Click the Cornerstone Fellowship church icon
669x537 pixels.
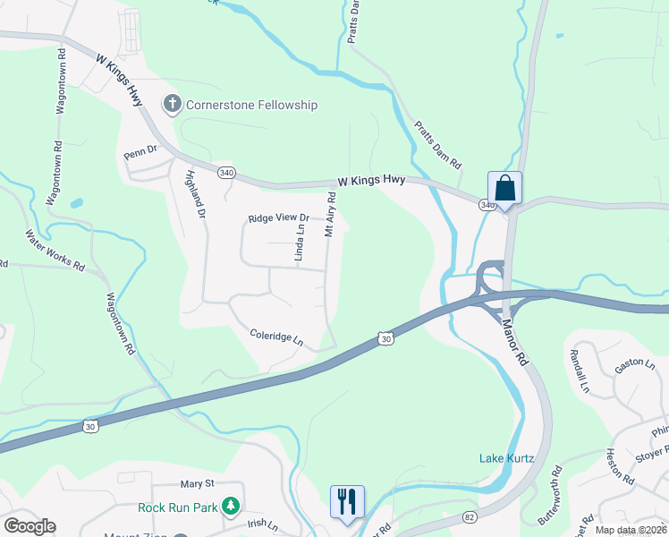172,105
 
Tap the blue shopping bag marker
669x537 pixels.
504,189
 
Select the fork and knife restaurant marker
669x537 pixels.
346,501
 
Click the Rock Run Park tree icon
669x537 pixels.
231,507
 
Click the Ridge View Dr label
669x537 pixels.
278,218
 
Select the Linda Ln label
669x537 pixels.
301,243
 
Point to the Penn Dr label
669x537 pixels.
140,152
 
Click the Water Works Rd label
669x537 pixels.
55,251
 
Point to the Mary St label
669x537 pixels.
198,483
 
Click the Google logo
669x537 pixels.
30,526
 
